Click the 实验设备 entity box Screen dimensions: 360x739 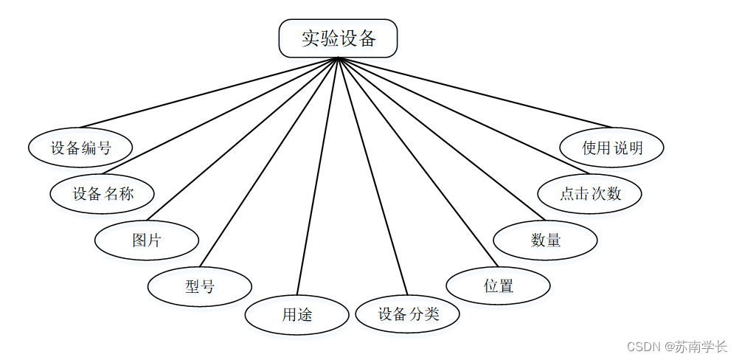tap(338, 38)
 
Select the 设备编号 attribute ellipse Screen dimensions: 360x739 tap(80, 148)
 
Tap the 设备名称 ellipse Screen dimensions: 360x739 tap(103, 194)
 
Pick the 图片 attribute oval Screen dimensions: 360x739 tap(147, 240)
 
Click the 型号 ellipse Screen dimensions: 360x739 tap(200, 285)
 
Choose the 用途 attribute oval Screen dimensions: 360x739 tap(296, 315)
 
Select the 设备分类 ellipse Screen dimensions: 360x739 tap(408, 314)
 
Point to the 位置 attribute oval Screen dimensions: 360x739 tap(499, 285)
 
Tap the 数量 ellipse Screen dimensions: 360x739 tap(545, 240)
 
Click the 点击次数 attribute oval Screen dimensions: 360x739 tap(590, 193)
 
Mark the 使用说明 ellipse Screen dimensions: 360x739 tap(612, 148)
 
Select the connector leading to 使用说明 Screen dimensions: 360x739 tap(475, 92)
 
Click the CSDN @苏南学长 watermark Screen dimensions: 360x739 tap(676, 346)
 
